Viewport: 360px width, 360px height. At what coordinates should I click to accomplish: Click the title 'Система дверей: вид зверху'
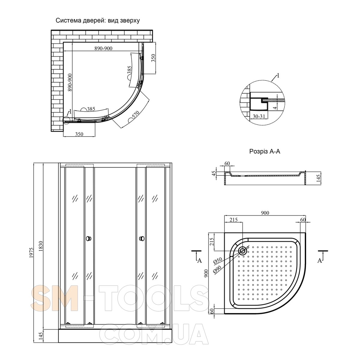tap(97, 21)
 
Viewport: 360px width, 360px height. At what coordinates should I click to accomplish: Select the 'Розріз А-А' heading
tap(265, 151)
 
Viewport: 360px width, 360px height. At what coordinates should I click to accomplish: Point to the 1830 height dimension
tap(41, 246)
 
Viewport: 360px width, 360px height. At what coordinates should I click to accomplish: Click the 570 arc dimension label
tap(135, 115)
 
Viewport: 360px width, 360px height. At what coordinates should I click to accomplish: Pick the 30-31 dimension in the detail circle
tap(259, 116)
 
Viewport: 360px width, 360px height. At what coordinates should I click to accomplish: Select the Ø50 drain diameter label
tap(218, 260)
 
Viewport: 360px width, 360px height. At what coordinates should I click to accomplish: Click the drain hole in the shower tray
tap(243, 250)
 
